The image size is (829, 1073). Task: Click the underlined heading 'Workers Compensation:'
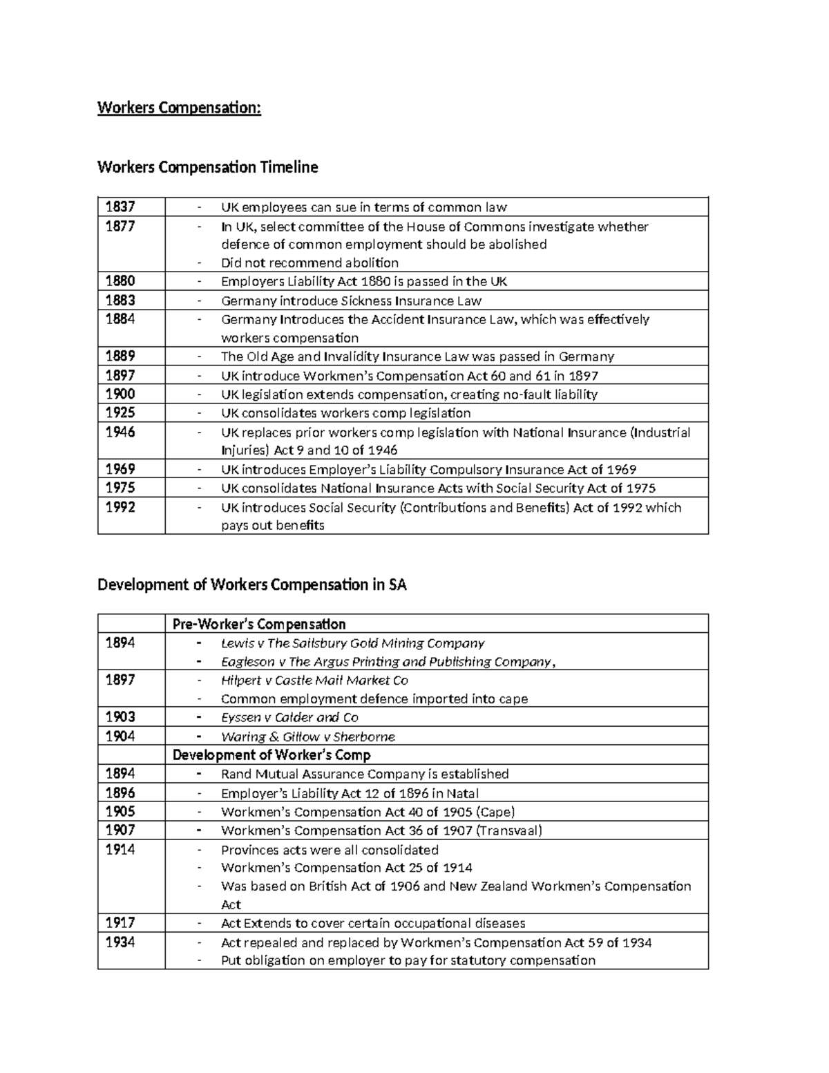179,108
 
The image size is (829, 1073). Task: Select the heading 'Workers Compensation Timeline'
207,167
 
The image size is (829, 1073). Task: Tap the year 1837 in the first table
120,207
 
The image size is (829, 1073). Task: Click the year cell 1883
120,301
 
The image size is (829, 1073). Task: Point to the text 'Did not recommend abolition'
309,263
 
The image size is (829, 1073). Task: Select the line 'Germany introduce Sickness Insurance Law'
351,301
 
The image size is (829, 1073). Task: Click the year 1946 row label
120,433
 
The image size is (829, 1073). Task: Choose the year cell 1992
120,507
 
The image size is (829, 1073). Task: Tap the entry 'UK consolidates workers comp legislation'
345,413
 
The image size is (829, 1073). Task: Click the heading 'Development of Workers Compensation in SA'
252,585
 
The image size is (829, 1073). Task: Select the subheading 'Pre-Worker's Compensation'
259,624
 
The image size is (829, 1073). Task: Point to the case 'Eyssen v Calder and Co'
289,717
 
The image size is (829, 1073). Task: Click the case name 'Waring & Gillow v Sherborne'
307,737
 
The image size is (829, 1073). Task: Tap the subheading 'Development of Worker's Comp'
271,755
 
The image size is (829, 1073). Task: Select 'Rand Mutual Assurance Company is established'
365,774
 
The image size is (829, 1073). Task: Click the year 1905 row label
120,812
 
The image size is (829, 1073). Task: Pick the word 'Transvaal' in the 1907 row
508,830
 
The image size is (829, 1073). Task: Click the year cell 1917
120,923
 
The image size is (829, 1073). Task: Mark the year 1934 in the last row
120,942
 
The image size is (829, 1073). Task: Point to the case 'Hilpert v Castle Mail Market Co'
314,680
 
